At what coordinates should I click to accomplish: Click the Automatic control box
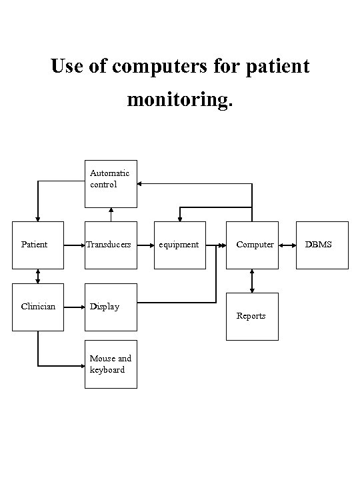pyautogui.click(x=111, y=184)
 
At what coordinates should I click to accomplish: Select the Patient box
pyautogui.click(x=38, y=245)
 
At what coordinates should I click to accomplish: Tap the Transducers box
pyautogui.click(x=111, y=245)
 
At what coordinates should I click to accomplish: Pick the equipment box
pyautogui.click(x=179, y=245)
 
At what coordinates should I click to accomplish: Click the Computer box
pyautogui.click(x=252, y=245)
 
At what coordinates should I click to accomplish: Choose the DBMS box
pyautogui.click(x=322, y=245)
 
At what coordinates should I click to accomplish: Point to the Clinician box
pyautogui.click(x=38, y=307)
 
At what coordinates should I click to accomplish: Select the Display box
pyautogui.click(x=111, y=307)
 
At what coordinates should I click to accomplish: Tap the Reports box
pyautogui.click(x=252, y=316)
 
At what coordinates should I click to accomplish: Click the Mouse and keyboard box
pyautogui.click(x=111, y=364)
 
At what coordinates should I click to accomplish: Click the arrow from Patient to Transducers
pyautogui.click(x=74, y=245)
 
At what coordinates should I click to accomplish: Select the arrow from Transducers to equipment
pyautogui.click(x=145, y=245)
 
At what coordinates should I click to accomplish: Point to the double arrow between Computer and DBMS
pyautogui.click(x=287, y=245)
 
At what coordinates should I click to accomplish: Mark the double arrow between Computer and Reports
pyautogui.click(x=252, y=281)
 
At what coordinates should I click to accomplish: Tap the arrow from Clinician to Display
pyautogui.click(x=74, y=307)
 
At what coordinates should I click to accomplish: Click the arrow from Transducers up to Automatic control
pyautogui.click(x=111, y=214)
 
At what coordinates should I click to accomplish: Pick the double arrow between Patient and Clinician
pyautogui.click(x=38, y=275)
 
